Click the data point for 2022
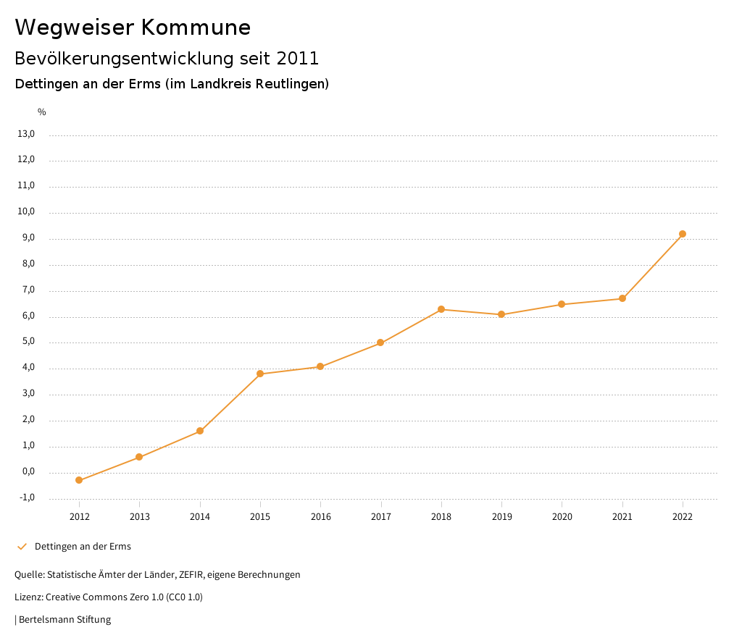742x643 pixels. point(683,234)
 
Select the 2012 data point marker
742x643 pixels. point(79,480)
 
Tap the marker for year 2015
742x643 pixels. point(260,374)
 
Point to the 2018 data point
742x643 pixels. point(441,309)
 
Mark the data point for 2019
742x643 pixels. point(501,314)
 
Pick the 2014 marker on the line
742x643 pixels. point(200,431)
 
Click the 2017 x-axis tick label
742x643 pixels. point(381,516)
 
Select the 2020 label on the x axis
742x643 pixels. point(562,516)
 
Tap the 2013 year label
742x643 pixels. point(140,516)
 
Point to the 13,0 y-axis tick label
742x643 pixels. point(26,134)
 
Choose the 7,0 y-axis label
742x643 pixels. point(28,290)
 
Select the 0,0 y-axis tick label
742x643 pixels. point(28,471)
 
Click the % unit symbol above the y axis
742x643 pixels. point(42,112)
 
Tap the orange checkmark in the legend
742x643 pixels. point(22,546)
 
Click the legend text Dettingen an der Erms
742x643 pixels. point(83,547)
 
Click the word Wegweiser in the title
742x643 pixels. point(74,28)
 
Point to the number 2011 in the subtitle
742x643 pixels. point(298,58)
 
